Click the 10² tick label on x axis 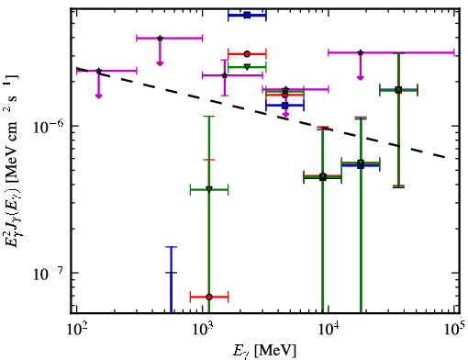[x=76, y=329]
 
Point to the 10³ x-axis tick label [x=203, y=329]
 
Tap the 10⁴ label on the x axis [x=329, y=329]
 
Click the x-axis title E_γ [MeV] [x=264, y=351]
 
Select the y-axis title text [x=12, y=160]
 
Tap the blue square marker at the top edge [x=247, y=15]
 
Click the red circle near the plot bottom [x=209, y=297]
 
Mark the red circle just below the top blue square [x=247, y=54]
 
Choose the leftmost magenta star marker [x=98, y=71]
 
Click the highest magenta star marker [x=160, y=39]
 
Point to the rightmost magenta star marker [x=361, y=52]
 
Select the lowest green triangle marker [x=209, y=189]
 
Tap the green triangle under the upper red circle [x=247, y=67]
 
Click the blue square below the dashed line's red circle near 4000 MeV [x=285, y=106]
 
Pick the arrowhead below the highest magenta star [x=160, y=63]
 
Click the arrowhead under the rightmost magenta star [x=361, y=78]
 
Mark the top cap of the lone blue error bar [x=172, y=247]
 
